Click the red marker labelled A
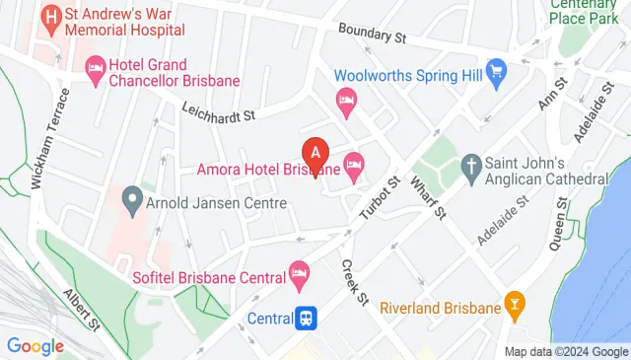[315, 154]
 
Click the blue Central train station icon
[308, 318]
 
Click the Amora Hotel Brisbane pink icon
[353, 163]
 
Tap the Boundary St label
[372, 34]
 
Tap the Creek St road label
[354, 281]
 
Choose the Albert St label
[84, 308]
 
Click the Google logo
[35, 345]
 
